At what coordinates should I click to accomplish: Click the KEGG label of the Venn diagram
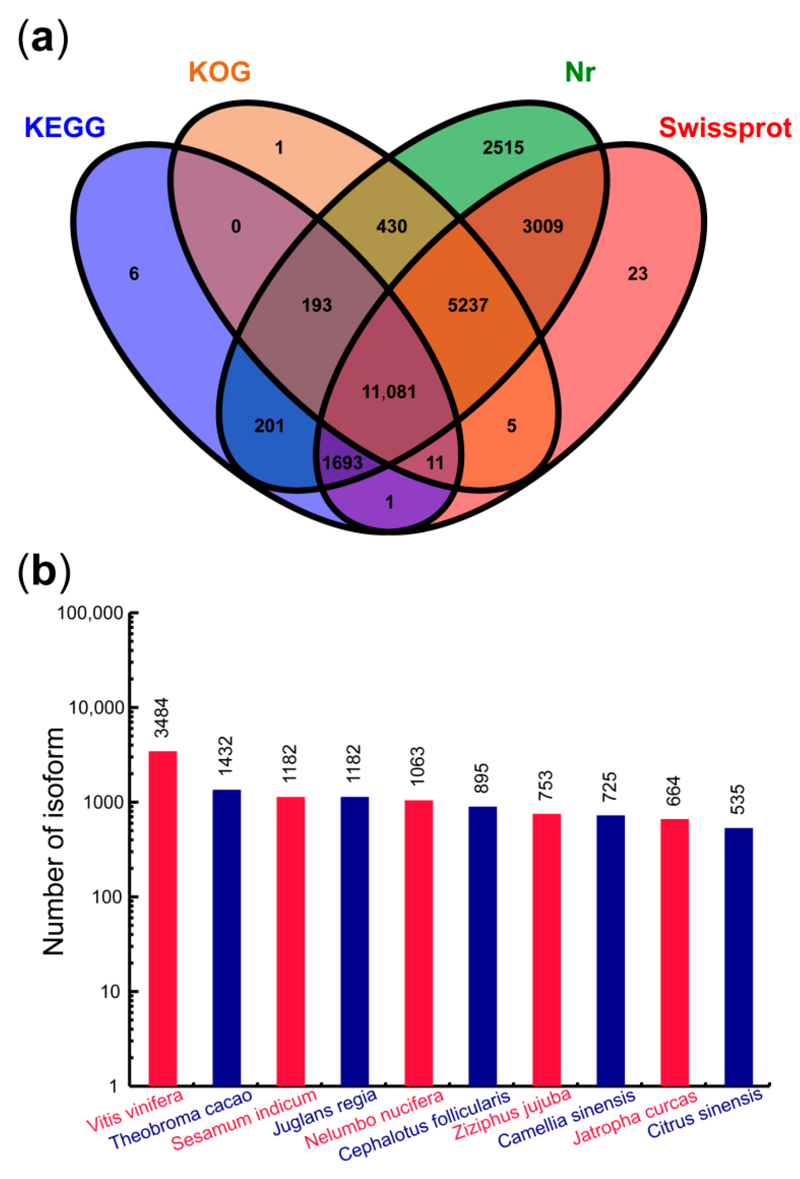[64, 127]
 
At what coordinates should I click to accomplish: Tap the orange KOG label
[220, 72]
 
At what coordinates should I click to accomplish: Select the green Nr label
[580, 72]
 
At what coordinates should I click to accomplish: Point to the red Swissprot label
[725, 128]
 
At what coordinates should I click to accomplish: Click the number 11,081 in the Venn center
[389, 392]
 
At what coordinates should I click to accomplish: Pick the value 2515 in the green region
[503, 148]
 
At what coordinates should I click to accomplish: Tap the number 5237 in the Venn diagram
[468, 305]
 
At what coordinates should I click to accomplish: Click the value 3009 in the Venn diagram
[543, 226]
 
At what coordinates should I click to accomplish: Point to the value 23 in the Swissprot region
[637, 274]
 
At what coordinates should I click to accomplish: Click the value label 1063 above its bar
[418, 766]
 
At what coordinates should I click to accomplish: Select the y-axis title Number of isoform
[53, 842]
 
